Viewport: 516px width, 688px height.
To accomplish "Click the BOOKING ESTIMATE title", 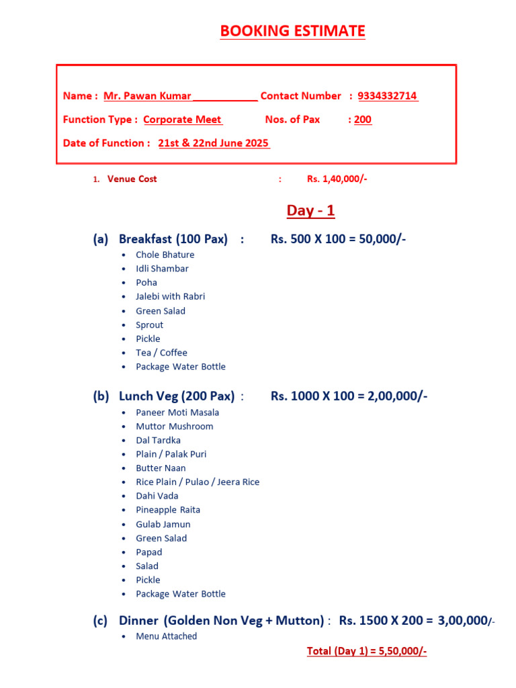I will [292, 31].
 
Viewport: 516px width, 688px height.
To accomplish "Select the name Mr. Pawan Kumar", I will [147, 96].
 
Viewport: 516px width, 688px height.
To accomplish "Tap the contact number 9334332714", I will [388, 96].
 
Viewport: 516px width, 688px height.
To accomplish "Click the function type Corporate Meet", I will [182, 120].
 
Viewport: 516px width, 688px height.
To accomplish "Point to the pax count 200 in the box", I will [363, 120].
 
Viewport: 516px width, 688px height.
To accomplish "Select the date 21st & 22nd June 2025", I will [214, 143].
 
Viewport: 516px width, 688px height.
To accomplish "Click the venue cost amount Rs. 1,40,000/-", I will [337, 179].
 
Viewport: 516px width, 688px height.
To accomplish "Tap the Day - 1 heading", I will [310, 211].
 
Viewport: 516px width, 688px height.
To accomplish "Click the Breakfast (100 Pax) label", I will [173, 239].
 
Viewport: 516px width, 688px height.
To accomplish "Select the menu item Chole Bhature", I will [165, 255].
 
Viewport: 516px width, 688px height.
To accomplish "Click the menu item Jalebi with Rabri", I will [171, 296].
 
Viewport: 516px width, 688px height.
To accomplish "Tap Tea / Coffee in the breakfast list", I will [162, 353].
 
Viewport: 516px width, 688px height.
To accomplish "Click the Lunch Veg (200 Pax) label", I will [177, 396].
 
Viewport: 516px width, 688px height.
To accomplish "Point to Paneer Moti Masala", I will [177, 413].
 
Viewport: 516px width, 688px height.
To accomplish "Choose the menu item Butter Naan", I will [161, 468].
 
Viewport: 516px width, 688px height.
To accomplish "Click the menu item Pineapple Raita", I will [168, 510].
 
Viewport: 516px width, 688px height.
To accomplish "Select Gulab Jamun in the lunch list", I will [163, 524].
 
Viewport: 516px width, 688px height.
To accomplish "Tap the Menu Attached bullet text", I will [167, 636].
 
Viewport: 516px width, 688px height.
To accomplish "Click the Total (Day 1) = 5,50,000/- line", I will [367, 651].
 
